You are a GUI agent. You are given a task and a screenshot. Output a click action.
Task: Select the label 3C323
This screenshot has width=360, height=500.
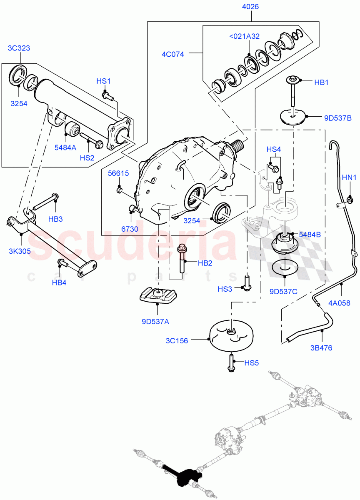click(x=19, y=48)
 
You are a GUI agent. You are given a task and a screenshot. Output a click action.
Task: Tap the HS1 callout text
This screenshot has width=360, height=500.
click(x=103, y=81)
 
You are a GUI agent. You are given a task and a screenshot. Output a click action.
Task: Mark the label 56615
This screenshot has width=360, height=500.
click(x=118, y=173)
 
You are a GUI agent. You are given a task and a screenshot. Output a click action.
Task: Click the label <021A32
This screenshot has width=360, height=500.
click(x=244, y=36)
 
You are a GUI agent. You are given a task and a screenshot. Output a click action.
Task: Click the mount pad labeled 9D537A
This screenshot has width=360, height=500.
click(x=157, y=296)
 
